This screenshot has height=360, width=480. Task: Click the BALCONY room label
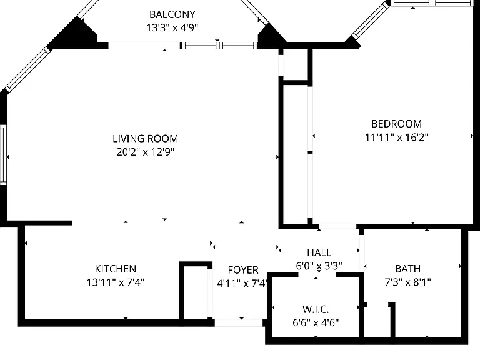coord(172,14)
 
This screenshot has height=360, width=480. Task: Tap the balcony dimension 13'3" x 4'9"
coord(172,28)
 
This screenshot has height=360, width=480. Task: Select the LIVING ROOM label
coord(146,139)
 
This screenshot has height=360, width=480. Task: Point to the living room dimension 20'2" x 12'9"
coord(146,152)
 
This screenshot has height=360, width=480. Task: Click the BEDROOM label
coord(397,124)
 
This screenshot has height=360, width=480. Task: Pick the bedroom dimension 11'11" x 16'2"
coord(397,137)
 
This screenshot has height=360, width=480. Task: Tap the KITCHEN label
coord(116,269)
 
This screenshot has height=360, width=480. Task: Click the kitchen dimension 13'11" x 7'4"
coord(116,282)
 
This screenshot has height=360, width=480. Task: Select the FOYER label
coord(243,270)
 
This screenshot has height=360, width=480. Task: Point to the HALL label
coord(319,252)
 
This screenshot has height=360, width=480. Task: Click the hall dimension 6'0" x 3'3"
coord(319,266)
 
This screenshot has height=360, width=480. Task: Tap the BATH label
coord(407,269)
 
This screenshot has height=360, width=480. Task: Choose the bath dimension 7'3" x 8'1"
coord(407,282)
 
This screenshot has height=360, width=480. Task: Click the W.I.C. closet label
coord(316,309)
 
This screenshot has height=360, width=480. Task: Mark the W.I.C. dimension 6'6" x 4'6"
coord(316,322)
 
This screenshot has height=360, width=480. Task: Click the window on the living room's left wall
coord(3,154)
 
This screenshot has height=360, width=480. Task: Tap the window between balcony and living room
coord(219,46)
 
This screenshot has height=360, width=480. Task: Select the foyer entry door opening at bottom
coord(239,322)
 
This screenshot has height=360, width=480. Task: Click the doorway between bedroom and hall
coord(337,226)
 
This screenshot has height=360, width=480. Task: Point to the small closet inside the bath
coord(377,321)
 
